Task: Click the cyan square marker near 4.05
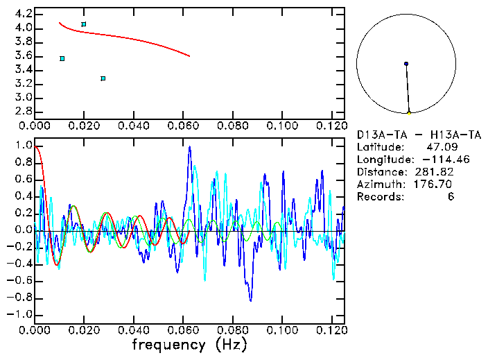click(84, 24)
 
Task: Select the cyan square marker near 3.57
click(62, 59)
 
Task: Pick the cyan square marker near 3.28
click(103, 78)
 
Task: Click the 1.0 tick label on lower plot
click(23, 146)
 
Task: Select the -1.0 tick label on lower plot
click(20, 314)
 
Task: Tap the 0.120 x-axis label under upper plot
click(331, 126)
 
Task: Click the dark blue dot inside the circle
click(406, 64)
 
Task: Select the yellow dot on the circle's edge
click(409, 112)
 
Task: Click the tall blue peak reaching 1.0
click(189, 148)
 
